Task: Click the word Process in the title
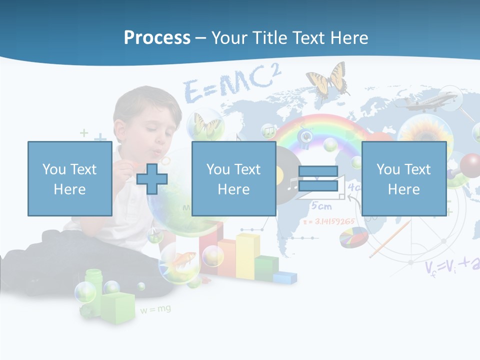(x=157, y=37)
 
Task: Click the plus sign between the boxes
(x=152, y=178)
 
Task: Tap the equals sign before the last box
(x=318, y=178)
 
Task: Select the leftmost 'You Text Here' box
(x=69, y=178)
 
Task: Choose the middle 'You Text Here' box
(x=233, y=178)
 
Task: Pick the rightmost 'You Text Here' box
(x=403, y=178)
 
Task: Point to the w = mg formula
(x=155, y=310)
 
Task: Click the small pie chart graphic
(x=353, y=237)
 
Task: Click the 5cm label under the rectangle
(x=321, y=205)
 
